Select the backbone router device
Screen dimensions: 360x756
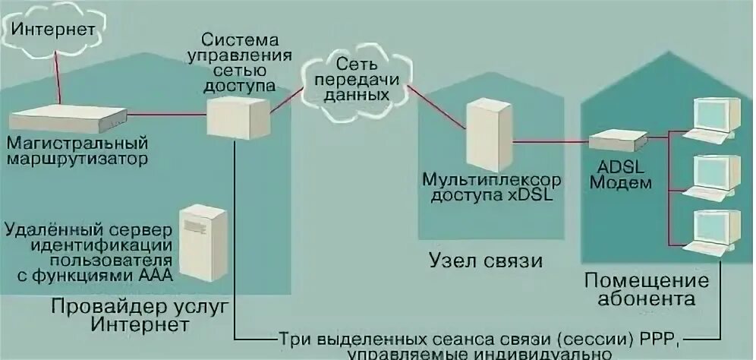point(68,118)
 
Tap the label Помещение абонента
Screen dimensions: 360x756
point(647,289)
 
